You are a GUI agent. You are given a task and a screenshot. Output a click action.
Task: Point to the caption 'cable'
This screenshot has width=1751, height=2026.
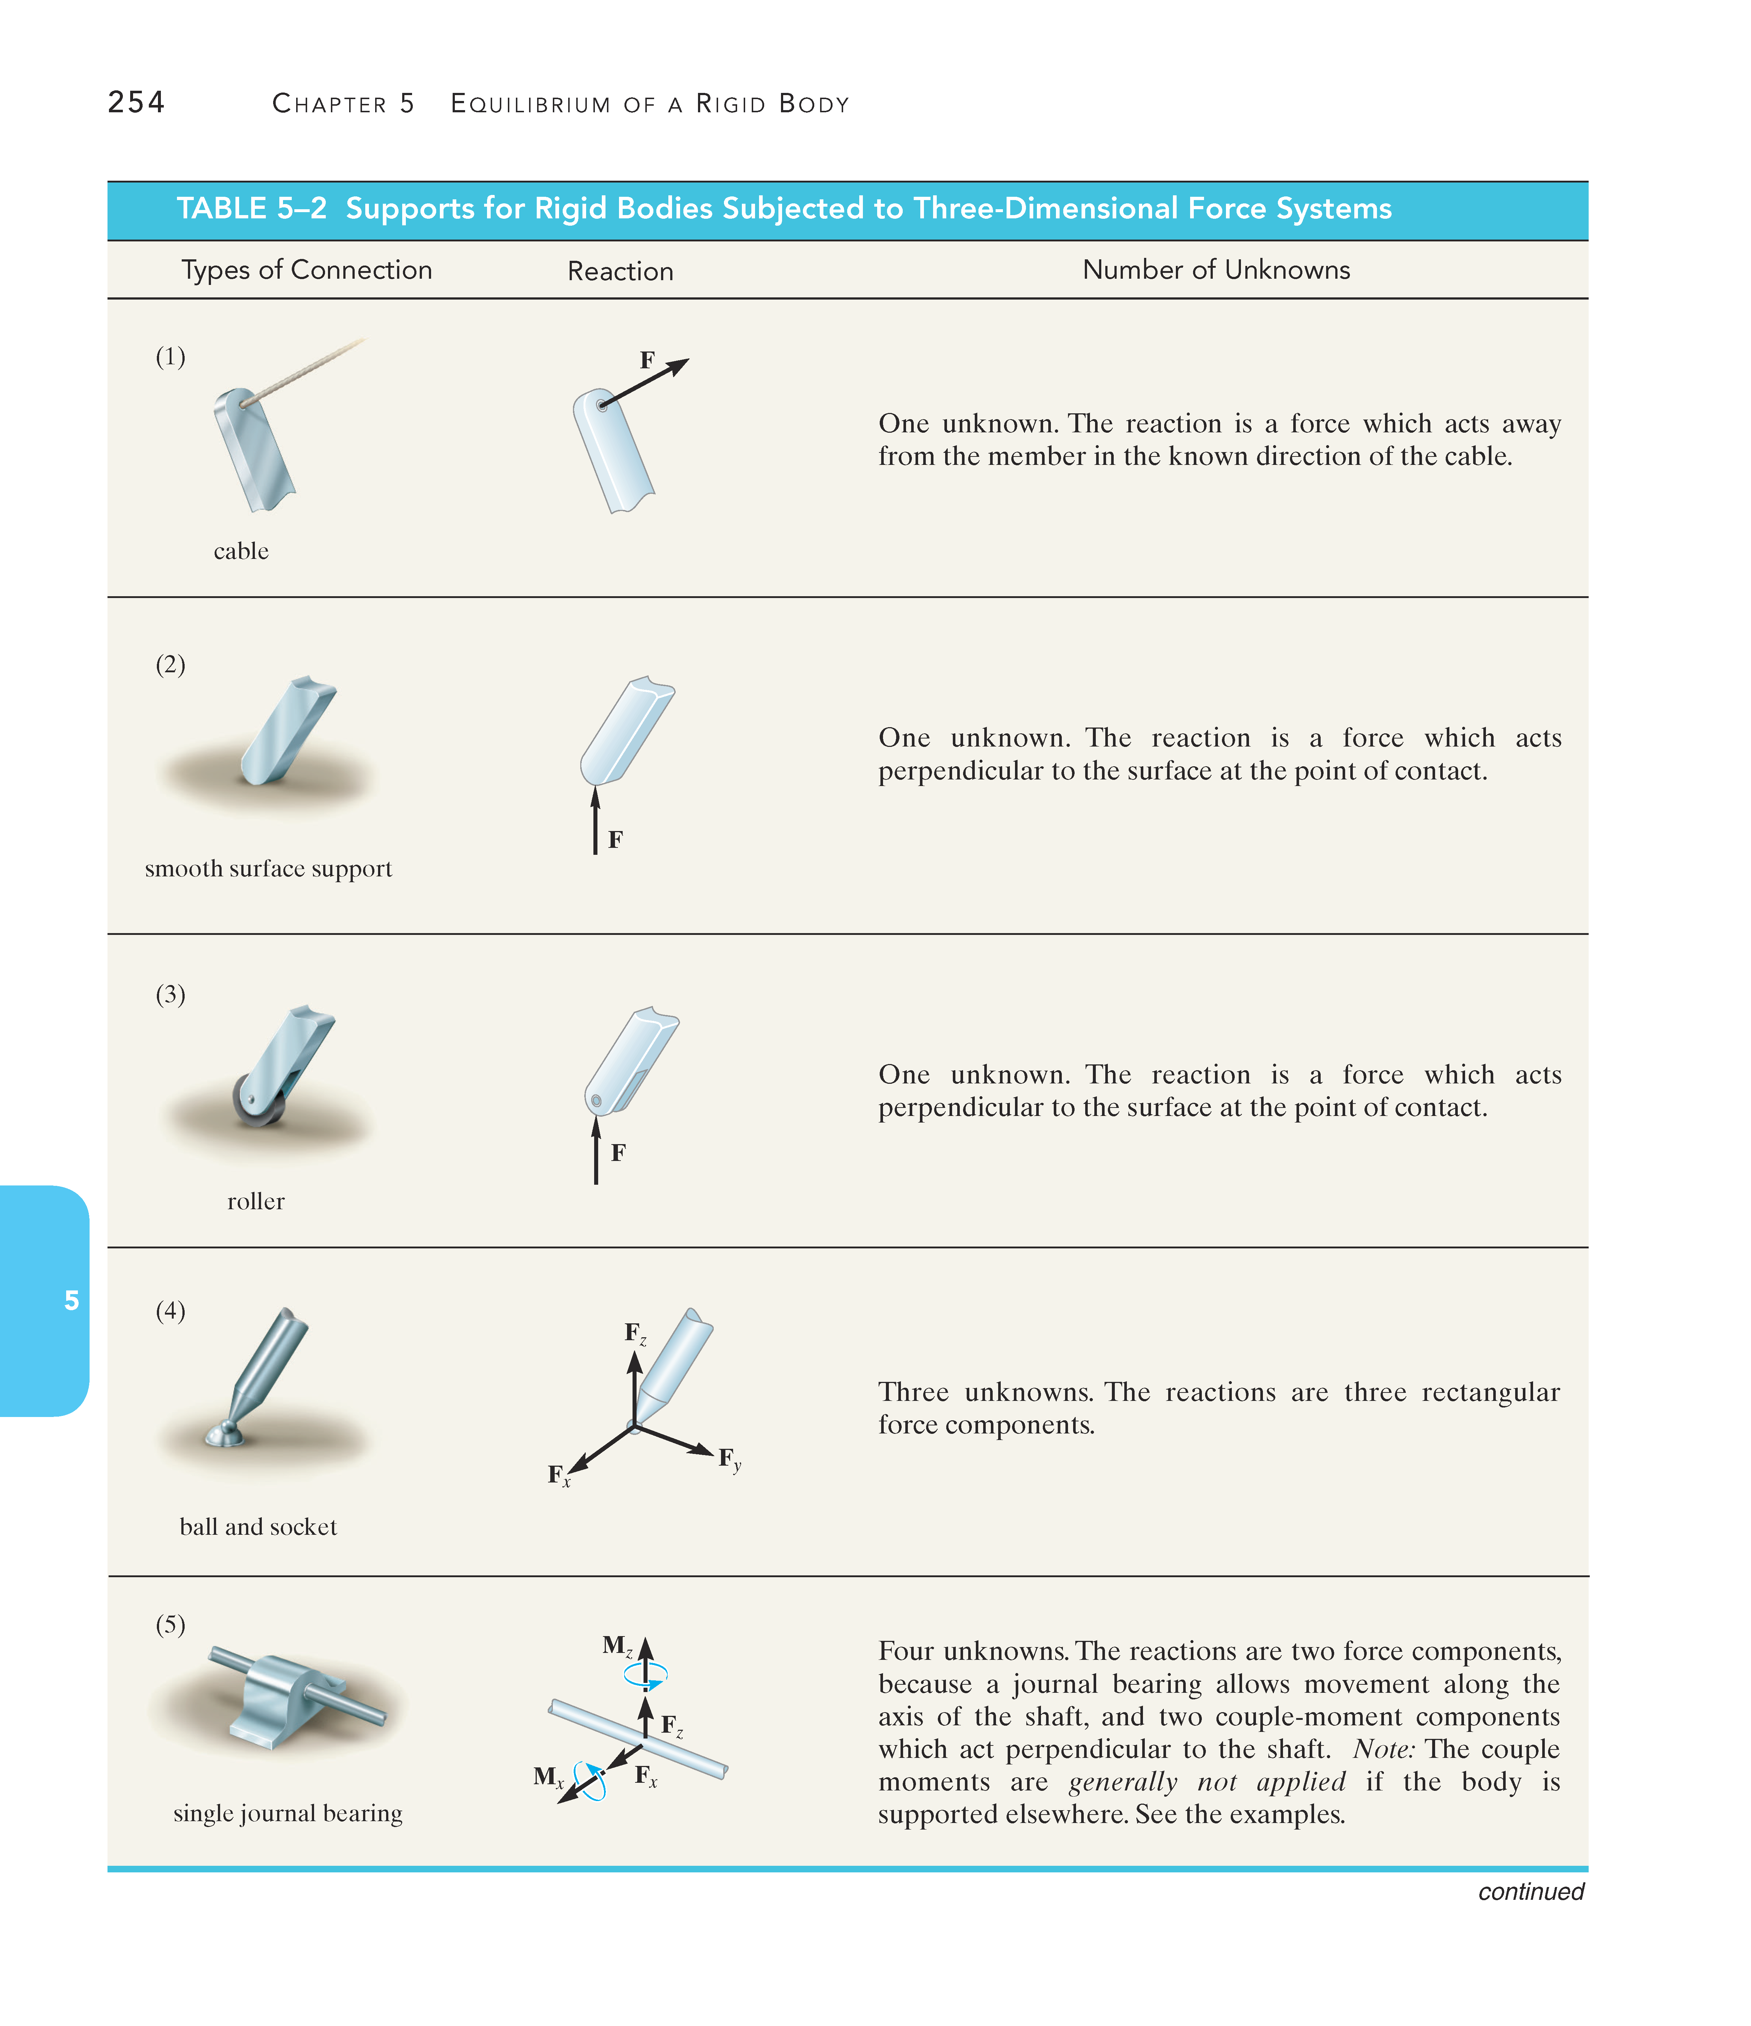point(241,552)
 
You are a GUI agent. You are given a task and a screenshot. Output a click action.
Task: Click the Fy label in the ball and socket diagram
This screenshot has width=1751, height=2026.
point(729,1460)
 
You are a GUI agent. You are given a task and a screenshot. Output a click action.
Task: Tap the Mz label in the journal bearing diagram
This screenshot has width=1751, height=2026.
point(617,1646)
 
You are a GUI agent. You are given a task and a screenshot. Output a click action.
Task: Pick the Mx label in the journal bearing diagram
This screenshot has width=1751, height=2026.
point(547,1777)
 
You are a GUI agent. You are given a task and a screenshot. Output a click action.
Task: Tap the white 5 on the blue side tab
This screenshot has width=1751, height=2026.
point(71,1300)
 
